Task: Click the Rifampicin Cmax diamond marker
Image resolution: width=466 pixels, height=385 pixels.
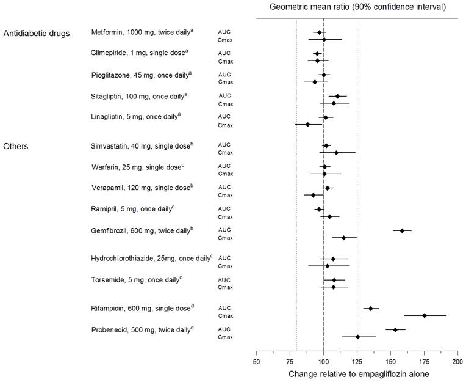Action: pos(425,315)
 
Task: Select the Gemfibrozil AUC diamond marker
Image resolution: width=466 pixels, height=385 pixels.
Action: pos(402,230)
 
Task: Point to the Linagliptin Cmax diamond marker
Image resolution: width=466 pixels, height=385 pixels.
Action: pos(308,124)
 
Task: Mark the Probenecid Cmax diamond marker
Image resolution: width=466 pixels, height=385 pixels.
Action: pos(358,337)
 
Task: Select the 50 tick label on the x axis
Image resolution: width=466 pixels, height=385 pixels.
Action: pos(256,362)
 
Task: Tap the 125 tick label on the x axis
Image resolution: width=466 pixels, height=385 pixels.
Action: pos(357,362)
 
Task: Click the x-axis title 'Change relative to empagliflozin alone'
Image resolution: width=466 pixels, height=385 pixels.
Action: pos(357,374)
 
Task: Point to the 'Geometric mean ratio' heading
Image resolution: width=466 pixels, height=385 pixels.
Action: pos(357,7)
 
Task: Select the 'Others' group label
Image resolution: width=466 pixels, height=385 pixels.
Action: pos(16,146)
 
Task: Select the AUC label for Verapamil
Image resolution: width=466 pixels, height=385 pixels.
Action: pos(224,188)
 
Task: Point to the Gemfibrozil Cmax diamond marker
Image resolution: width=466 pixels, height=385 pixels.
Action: pos(344,237)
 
